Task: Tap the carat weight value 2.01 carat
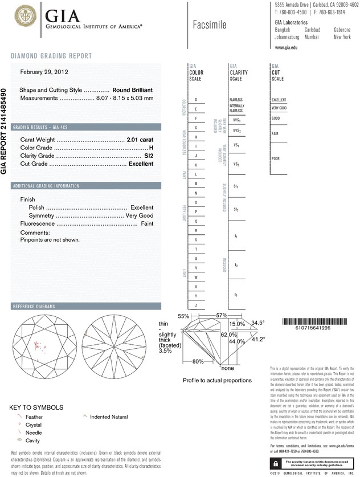coord(140,139)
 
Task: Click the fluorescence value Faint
coord(146,224)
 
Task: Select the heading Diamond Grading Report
coord(51,56)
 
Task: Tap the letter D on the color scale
coord(196,100)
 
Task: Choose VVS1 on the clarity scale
coord(236,121)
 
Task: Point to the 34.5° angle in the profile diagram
coord(259,323)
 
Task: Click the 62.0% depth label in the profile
coord(228,334)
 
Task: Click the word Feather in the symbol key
coord(35,417)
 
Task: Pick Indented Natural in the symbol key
coord(109,417)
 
